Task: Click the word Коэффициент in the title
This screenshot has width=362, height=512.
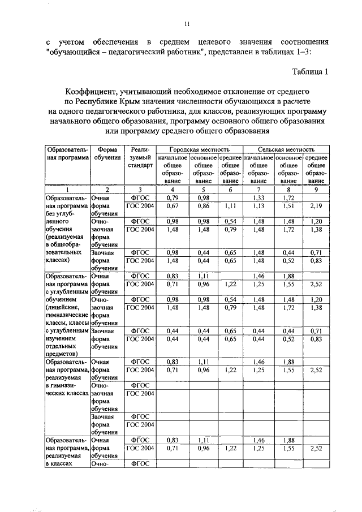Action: [x=90, y=91]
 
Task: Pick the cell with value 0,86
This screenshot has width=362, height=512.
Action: [x=203, y=207]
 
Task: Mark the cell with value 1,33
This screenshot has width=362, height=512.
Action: [x=258, y=198]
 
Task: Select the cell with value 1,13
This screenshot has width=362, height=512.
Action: [x=258, y=207]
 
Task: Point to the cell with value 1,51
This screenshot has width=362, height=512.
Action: [x=288, y=207]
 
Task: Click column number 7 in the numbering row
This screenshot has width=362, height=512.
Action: [x=258, y=190]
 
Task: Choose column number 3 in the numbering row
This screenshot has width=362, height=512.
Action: [x=140, y=190]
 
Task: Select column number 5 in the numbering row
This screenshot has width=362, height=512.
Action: [x=203, y=190]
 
